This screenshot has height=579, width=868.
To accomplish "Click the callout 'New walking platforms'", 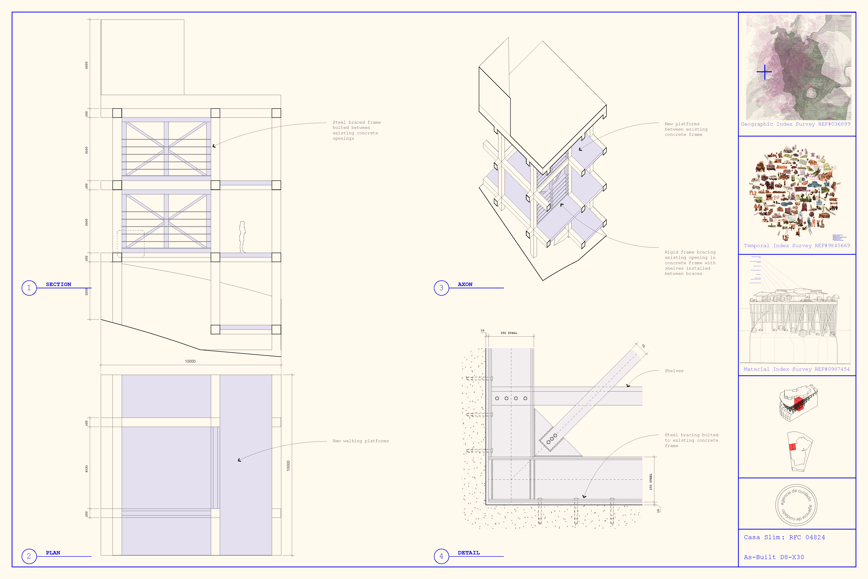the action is pyautogui.click(x=360, y=441).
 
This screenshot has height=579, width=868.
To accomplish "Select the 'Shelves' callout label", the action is pyautogui.click(x=674, y=371).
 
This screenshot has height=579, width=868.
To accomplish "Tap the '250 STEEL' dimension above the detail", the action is pyautogui.click(x=509, y=333).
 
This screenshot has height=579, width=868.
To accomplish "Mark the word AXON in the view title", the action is pyautogui.click(x=465, y=284).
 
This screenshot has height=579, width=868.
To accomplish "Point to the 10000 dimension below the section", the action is pyautogui.click(x=190, y=361).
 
